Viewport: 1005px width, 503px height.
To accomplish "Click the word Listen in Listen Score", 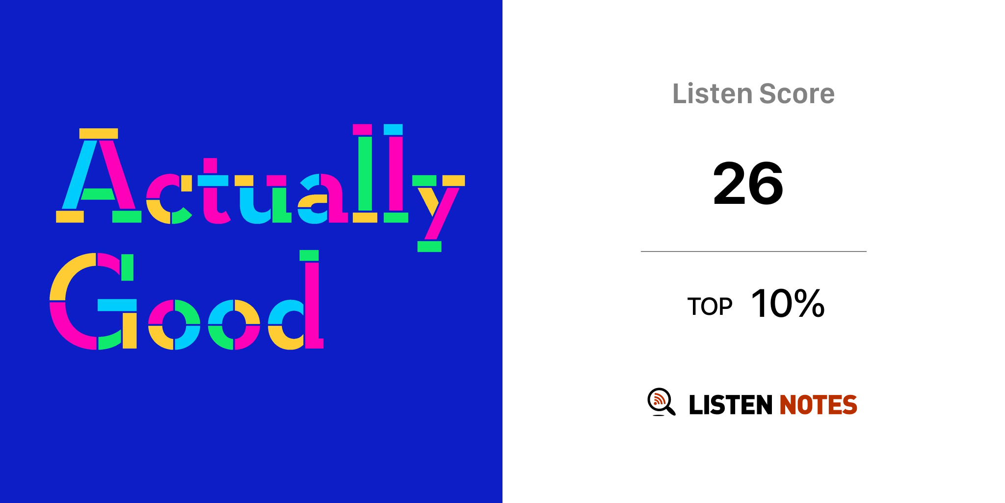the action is pos(712,93).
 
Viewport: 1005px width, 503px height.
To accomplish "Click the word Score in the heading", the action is pos(797,93).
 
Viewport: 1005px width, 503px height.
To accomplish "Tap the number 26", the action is pos(748,184).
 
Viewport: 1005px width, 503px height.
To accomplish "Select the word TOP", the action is pos(710,307).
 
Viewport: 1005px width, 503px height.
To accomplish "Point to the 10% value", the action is pos(788,304).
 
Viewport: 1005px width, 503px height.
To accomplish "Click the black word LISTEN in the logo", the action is pos(731,405).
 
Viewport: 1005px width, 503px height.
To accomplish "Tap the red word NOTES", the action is pos(818,405).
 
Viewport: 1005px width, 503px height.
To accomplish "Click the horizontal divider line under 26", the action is pos(754,251).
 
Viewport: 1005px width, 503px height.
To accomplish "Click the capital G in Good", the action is pos(93,301).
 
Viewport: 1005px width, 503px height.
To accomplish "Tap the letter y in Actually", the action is pos(438,213).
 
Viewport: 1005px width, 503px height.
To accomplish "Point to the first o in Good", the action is pos(174,325).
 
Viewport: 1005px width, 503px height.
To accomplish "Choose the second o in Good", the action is pos(234,325).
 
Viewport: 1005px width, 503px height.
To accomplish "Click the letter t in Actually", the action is pos(213,191).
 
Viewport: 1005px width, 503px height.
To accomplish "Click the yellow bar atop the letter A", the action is pos(99,134).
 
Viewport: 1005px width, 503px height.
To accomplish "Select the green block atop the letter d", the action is pos(309,255).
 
